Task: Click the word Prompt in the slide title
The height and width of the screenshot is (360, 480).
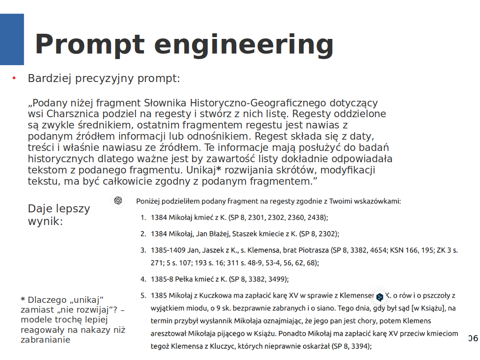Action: (89, 45)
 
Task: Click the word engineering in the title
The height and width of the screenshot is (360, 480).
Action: (243, 45)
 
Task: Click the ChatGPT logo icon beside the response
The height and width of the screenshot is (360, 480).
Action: (118, 201)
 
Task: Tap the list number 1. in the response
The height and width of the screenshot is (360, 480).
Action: (143, 217)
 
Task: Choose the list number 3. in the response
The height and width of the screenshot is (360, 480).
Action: (143, 250)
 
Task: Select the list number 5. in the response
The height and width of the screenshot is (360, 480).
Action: (143, 296)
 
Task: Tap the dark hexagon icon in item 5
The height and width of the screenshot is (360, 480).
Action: (380, 296)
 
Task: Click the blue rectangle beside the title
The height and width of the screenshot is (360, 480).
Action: (12, 39)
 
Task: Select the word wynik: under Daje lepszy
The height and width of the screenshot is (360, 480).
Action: (45, 221)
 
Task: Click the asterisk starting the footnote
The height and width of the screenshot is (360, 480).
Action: (23, 300)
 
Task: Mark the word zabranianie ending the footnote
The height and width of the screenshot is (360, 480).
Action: (45, 340)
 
